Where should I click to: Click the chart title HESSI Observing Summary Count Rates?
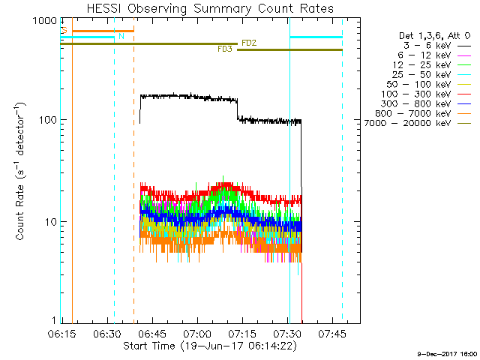(x=198, y=8)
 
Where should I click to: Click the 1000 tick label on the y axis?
(x=44, y=21)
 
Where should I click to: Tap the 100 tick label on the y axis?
(x=46, y=120)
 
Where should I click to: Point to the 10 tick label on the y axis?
(x=49, y=222)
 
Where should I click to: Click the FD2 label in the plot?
(x=249, y=43)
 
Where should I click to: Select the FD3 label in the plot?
(x=225, y=49)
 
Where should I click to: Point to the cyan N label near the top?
(x=121, y=35)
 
